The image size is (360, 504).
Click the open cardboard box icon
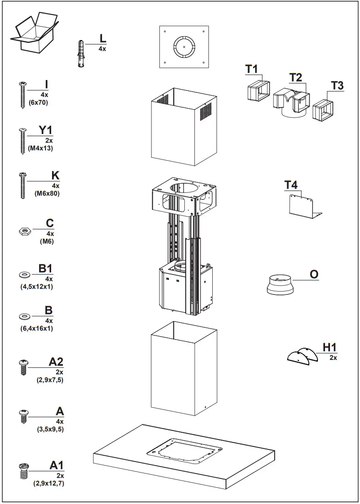point(33,32)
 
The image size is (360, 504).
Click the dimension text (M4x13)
point(40,148)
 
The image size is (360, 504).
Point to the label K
point(55,176)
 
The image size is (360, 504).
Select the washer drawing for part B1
point(24,275)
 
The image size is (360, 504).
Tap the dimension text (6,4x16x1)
point(37,328)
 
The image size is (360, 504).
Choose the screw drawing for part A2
point(23,367)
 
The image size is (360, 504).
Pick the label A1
point(57,465)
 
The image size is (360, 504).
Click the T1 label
point(252,69)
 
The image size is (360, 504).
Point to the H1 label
point(330,347)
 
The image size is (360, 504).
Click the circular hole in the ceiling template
point(184,47)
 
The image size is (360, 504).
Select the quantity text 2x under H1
point(333,357)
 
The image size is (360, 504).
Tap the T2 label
point(295,77)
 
